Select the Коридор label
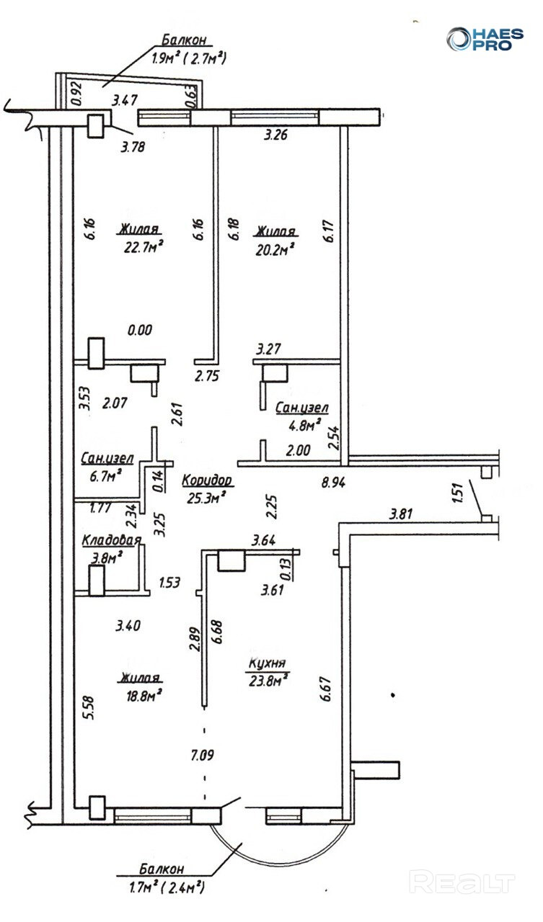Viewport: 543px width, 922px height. coord(206,480)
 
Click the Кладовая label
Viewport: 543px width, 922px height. coord(111,540)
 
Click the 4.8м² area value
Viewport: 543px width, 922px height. coord(303,426)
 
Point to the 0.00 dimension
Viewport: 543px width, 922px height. coord(139,331)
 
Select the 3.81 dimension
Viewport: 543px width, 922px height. coord(402,514)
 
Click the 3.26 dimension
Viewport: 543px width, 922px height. coord(277,134)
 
